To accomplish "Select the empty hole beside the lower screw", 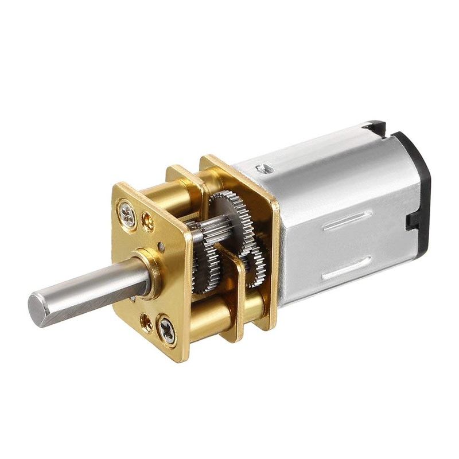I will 147,322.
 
